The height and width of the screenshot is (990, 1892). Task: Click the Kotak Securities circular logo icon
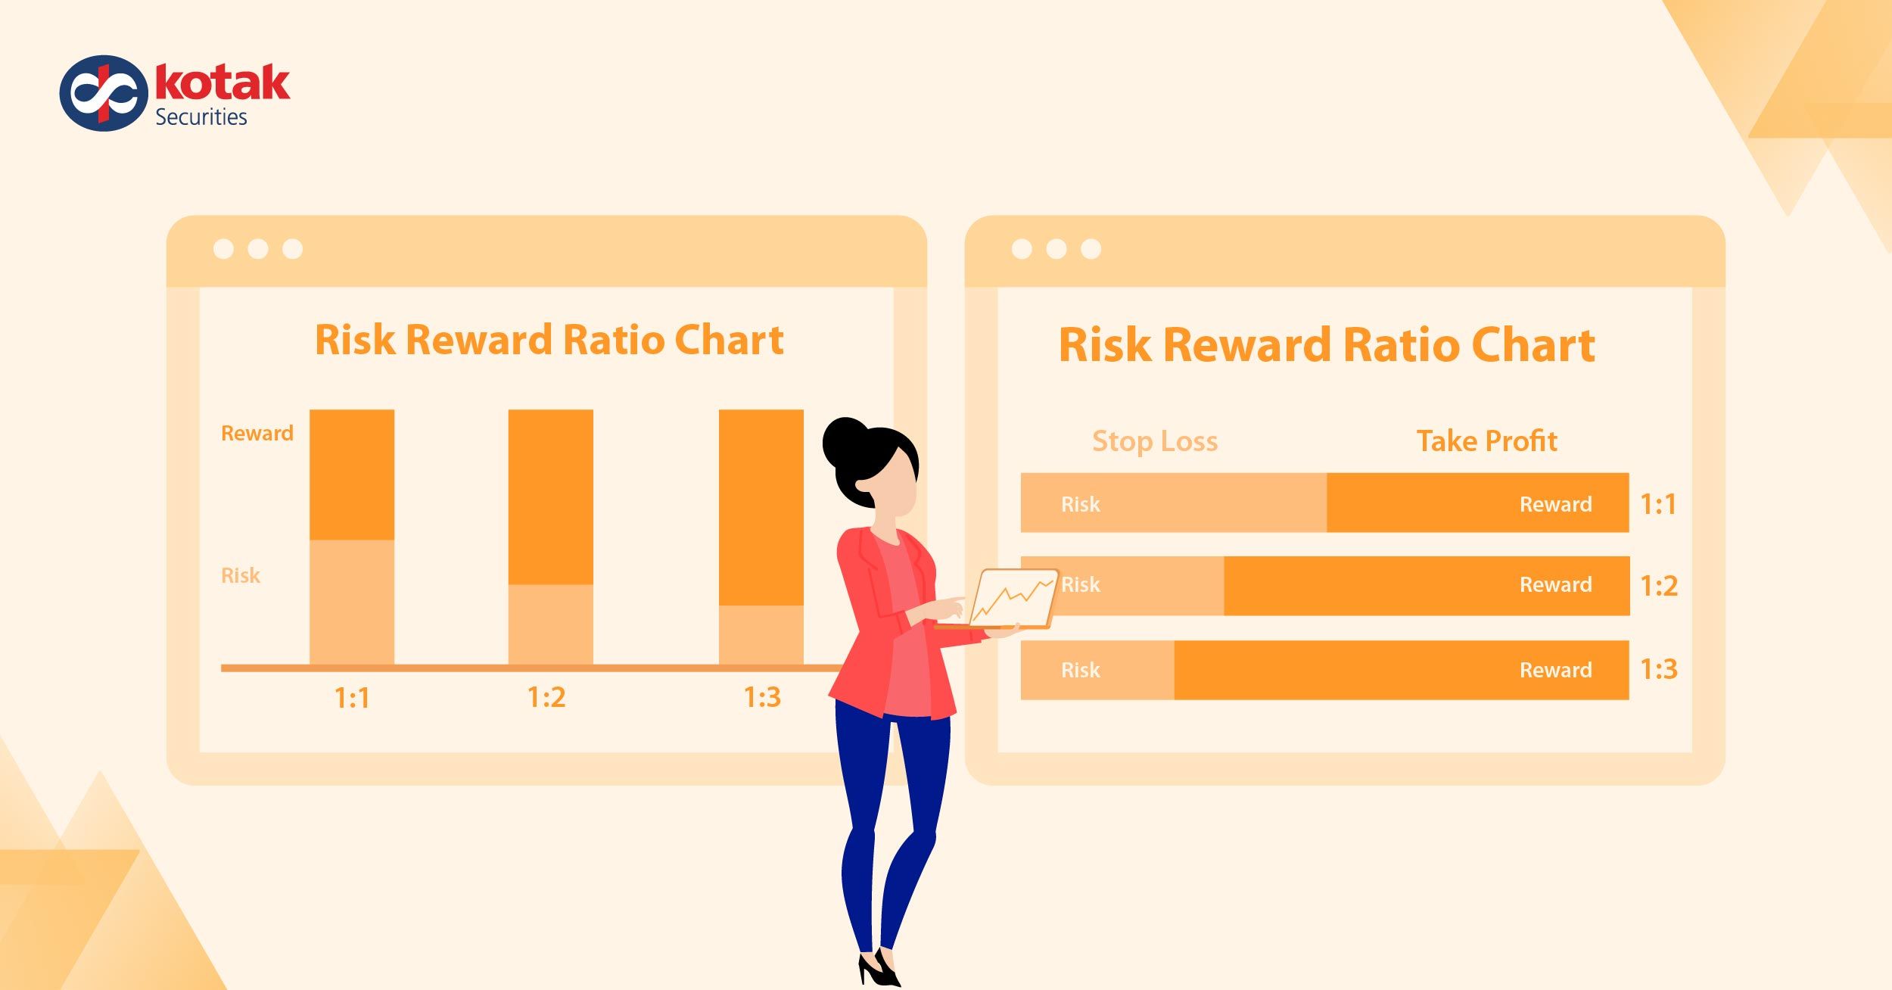tap(104, 93)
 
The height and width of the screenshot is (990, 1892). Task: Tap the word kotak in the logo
tap(222, 83)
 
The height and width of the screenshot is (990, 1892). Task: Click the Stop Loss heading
tap(1155, 441)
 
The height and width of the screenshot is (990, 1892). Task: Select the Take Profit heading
tap(1486, 441)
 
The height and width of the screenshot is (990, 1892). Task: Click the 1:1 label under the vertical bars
tap(352, 698)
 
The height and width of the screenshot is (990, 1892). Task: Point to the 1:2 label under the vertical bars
tap(546, 698)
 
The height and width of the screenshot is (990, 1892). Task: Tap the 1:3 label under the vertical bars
tap(761, 698)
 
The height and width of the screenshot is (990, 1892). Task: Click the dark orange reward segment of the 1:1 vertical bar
tap(352, 475)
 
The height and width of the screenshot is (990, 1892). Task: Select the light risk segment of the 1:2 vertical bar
tap(550, 624)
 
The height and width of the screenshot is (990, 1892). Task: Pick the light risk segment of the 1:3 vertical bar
tap(761, 634)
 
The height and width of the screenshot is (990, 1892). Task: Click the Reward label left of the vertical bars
tap(257, 434)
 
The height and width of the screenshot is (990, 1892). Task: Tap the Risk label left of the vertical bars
tap(240, 576)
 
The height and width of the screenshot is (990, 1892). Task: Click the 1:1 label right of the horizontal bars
tap(1657, 505)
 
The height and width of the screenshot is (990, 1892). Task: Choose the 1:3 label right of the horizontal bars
tap(1658, 670)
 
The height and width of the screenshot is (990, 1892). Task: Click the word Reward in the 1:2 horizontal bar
tap(1555, 585)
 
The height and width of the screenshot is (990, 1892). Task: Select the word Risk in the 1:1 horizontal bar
tap(1080, 505)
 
